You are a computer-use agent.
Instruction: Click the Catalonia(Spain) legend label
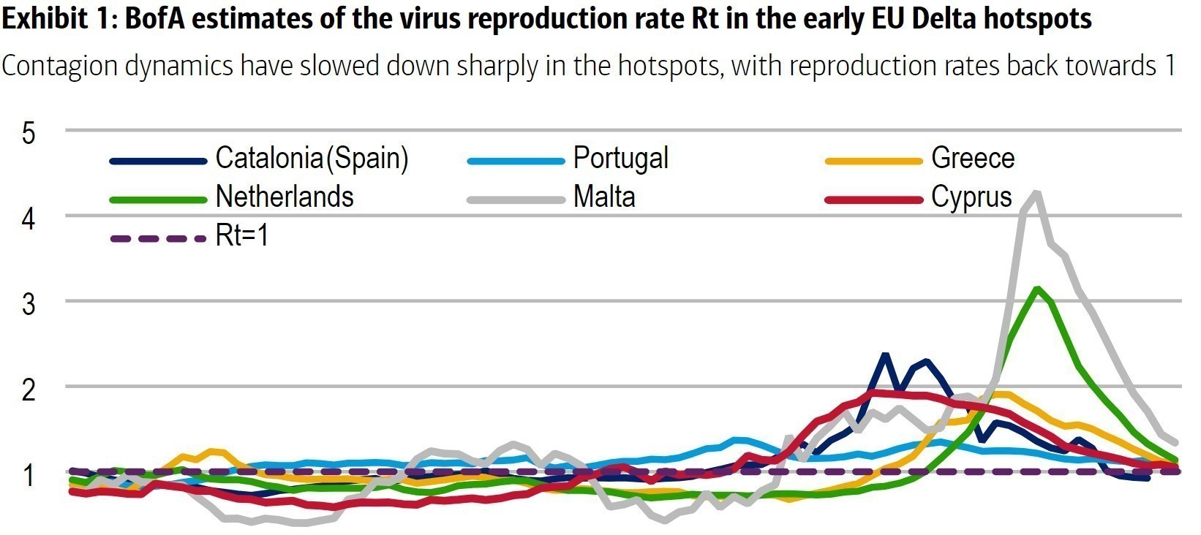pos(312,159)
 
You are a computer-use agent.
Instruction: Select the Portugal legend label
pos(620,159)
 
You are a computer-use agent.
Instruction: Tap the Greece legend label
pos(972,159)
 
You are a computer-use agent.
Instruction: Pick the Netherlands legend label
pos(285,197)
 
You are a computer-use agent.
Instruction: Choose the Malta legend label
pos(604,197)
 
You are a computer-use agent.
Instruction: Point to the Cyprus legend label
pos(971,197)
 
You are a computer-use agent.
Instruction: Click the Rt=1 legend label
pos(242,236)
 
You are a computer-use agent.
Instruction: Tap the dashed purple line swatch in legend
pos(158,238)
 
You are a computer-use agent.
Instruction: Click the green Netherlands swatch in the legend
pos(158,199)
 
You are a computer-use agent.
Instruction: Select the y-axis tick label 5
pos(29,133)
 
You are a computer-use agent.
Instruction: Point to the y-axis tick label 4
pos(29,218)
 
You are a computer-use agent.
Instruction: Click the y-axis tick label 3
pos(29,303)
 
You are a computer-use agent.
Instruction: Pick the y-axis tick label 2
pos(29,389)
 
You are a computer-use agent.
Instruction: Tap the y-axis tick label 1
pos(29,474)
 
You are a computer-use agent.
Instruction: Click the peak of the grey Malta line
pos(1037,193)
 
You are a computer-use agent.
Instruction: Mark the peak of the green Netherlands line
pos(1036,289)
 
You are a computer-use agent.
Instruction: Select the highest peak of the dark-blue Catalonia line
pos(885,355)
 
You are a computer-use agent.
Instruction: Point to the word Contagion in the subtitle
pos(59,66)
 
